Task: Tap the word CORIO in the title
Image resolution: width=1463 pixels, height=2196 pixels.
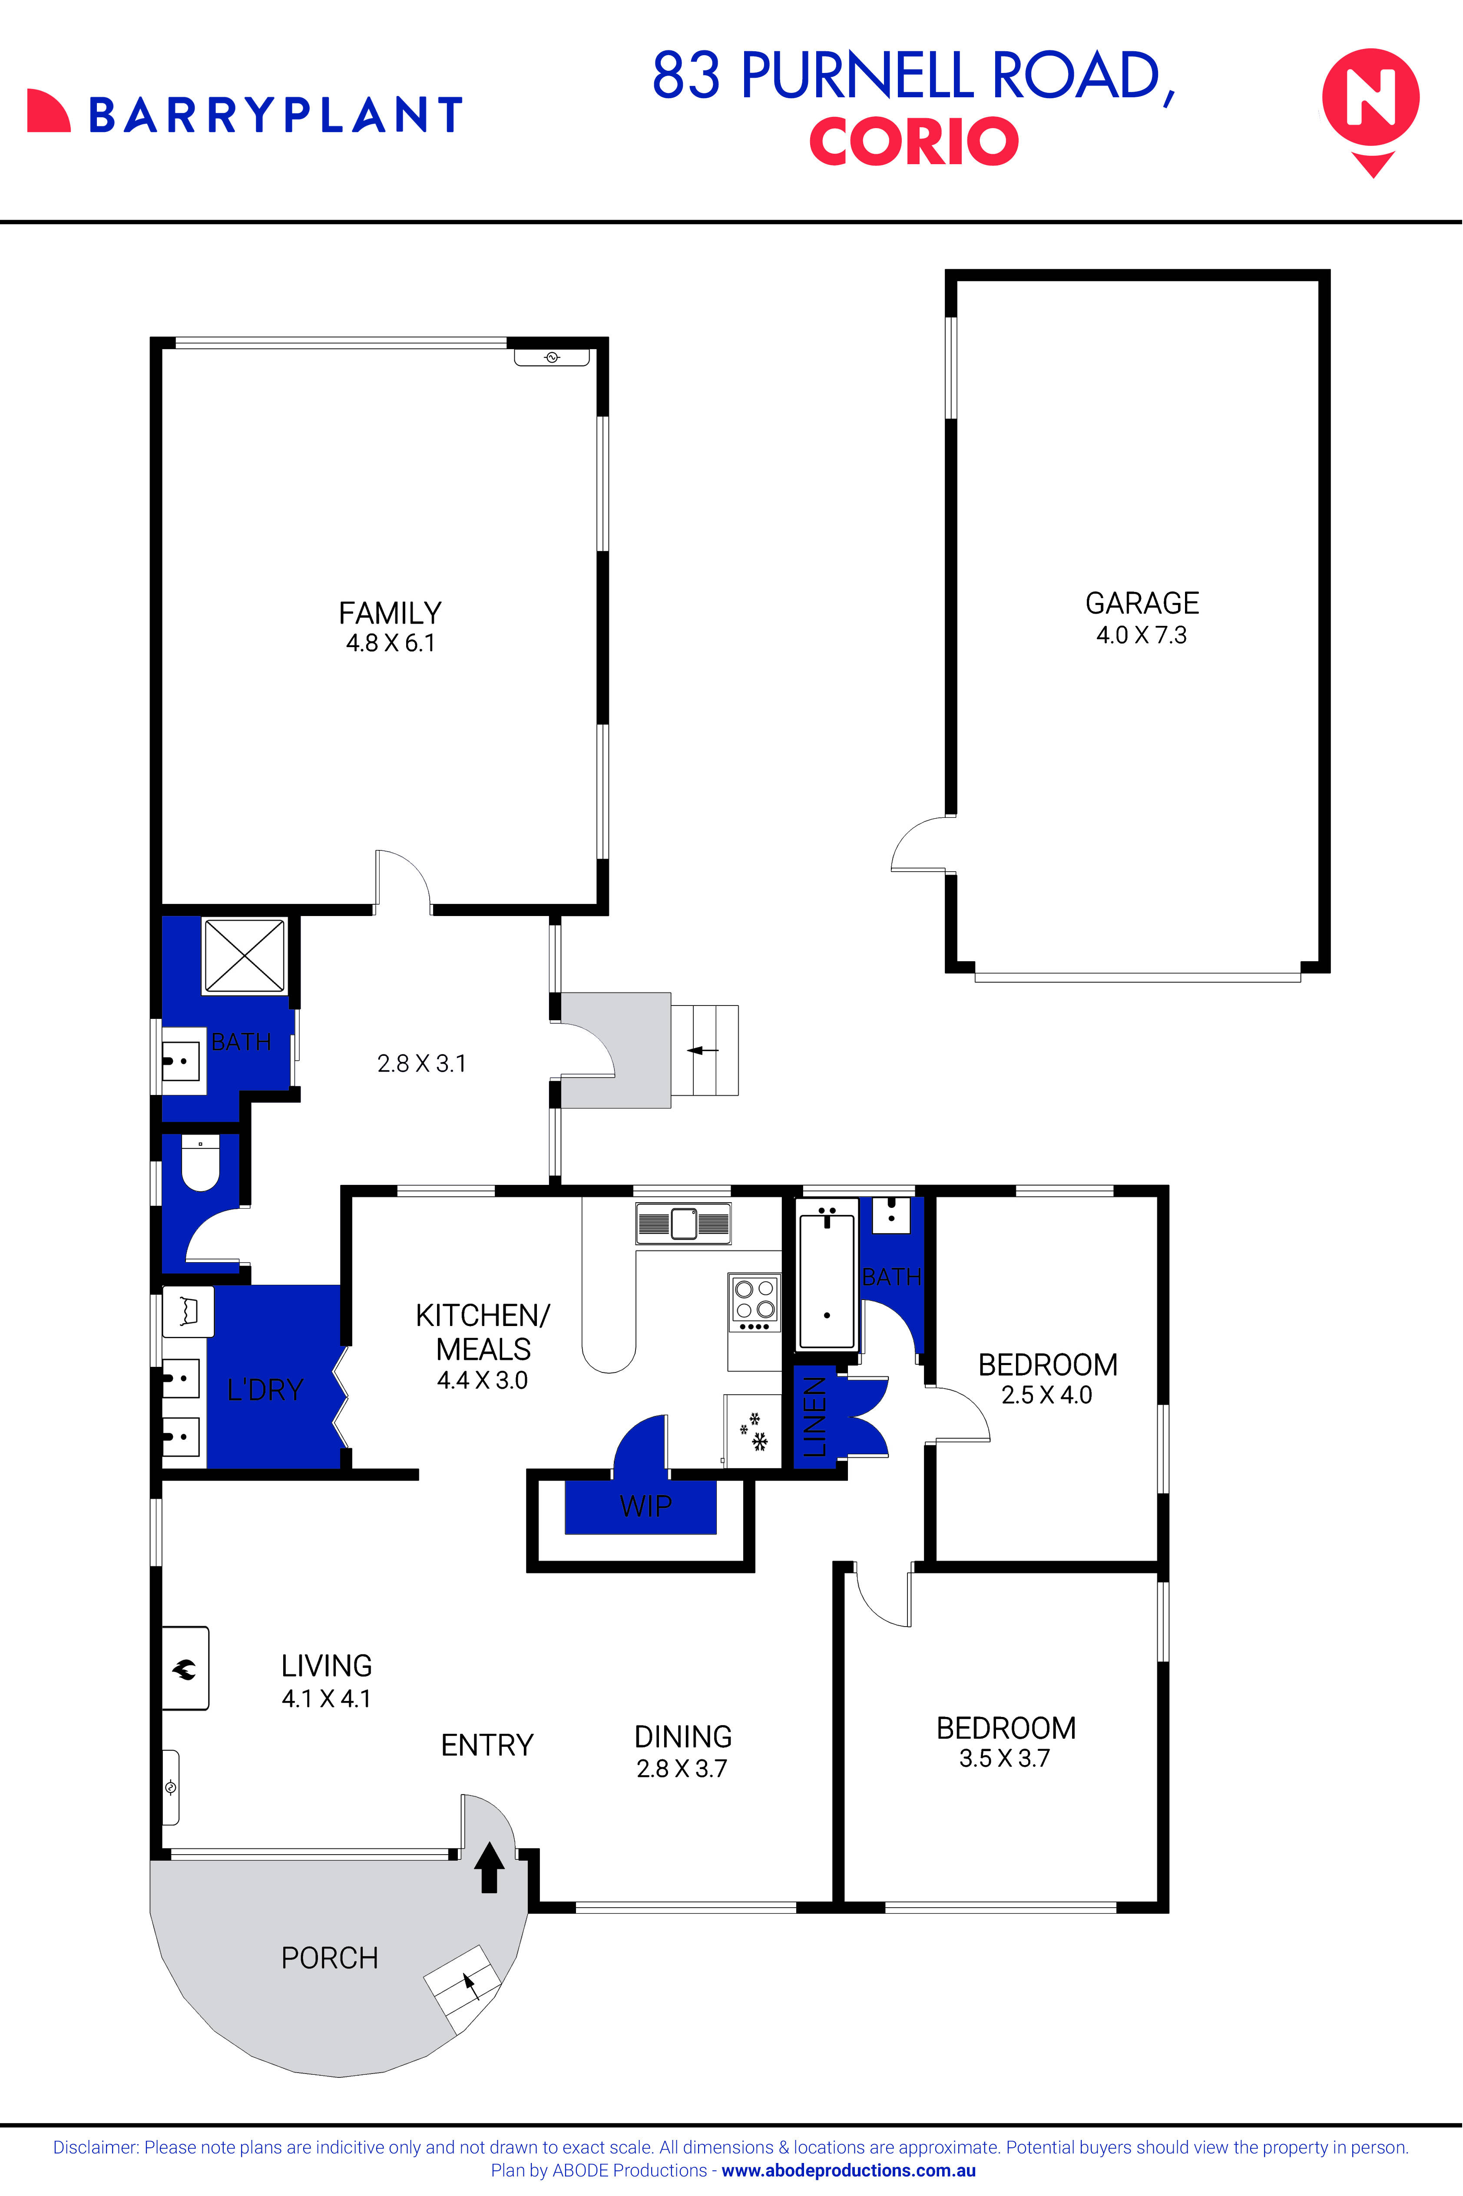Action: pyautogui.click(x=914, y=142)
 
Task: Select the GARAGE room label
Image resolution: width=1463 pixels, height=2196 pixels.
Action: pyautogui.click(x=1142, y=604)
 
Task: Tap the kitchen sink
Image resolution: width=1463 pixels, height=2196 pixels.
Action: pyautogui.click(x=683, y=1223)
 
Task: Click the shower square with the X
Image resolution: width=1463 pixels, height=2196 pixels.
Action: pyautogui.click(x=245, y=956)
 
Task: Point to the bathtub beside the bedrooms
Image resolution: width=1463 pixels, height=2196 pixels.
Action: pyautogui.click(x=827, y=1274)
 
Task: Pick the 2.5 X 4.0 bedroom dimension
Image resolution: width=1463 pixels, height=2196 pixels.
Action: pyautogui.click(x=1047, y=1396)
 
